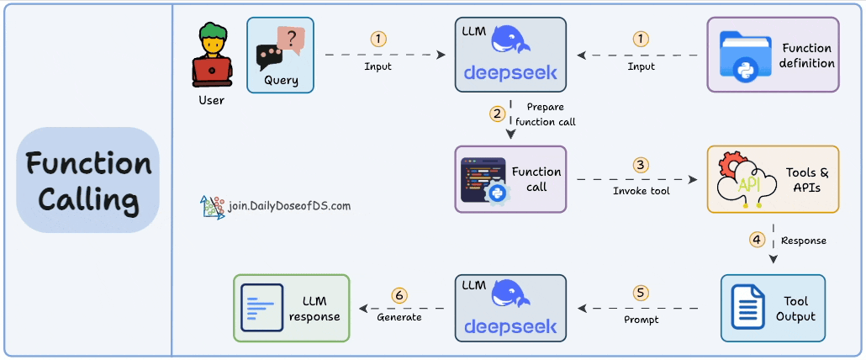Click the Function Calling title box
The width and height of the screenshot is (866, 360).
point(87,180)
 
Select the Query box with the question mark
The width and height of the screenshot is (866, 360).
point(281,55)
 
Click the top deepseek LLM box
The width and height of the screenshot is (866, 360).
point(510,55)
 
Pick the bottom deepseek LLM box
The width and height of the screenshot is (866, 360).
point(510,308)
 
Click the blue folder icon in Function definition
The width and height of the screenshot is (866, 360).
point(746,57)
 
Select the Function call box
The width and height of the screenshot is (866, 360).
point(510,179)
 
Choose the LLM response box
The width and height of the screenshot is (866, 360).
point(291,308)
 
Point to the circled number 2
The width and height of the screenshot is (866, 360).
point(498,113)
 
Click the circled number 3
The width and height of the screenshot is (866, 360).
point(641,165)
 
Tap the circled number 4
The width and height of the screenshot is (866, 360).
point(757,240)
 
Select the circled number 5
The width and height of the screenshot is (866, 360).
point(641,293)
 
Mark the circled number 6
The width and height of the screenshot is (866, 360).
point(399,295)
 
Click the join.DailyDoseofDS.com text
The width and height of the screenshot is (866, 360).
point(288,205)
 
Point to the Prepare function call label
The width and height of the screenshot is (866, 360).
point(546,114)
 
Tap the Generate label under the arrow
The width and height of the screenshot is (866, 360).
point(399,317)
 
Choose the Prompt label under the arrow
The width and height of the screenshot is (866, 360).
point(641,320)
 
